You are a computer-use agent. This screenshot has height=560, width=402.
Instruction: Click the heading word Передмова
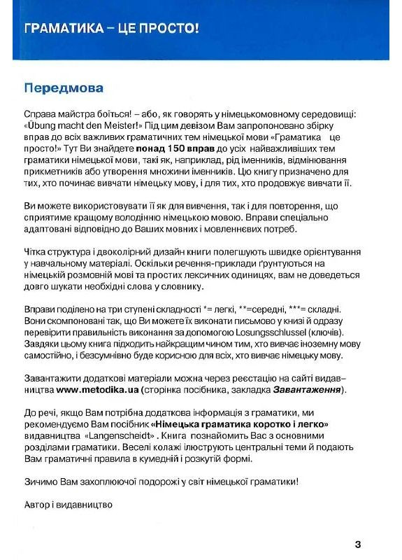(x=64, y=89)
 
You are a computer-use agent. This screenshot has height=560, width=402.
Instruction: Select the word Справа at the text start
(x=41, y=114)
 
